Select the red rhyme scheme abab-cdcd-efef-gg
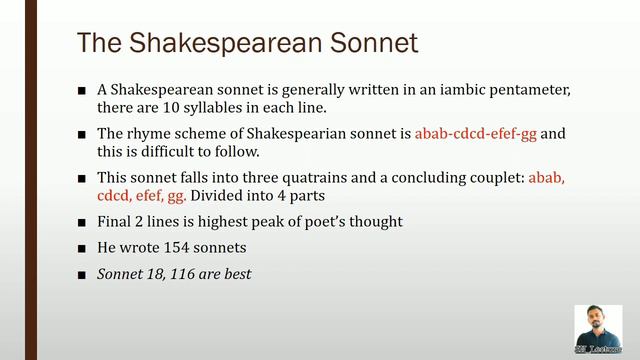click(476, 133)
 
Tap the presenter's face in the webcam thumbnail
click(598, 326)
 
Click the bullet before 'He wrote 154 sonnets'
click(82, 248)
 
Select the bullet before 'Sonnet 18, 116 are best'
click(82, 273)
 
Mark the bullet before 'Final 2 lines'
click(82, 222)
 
